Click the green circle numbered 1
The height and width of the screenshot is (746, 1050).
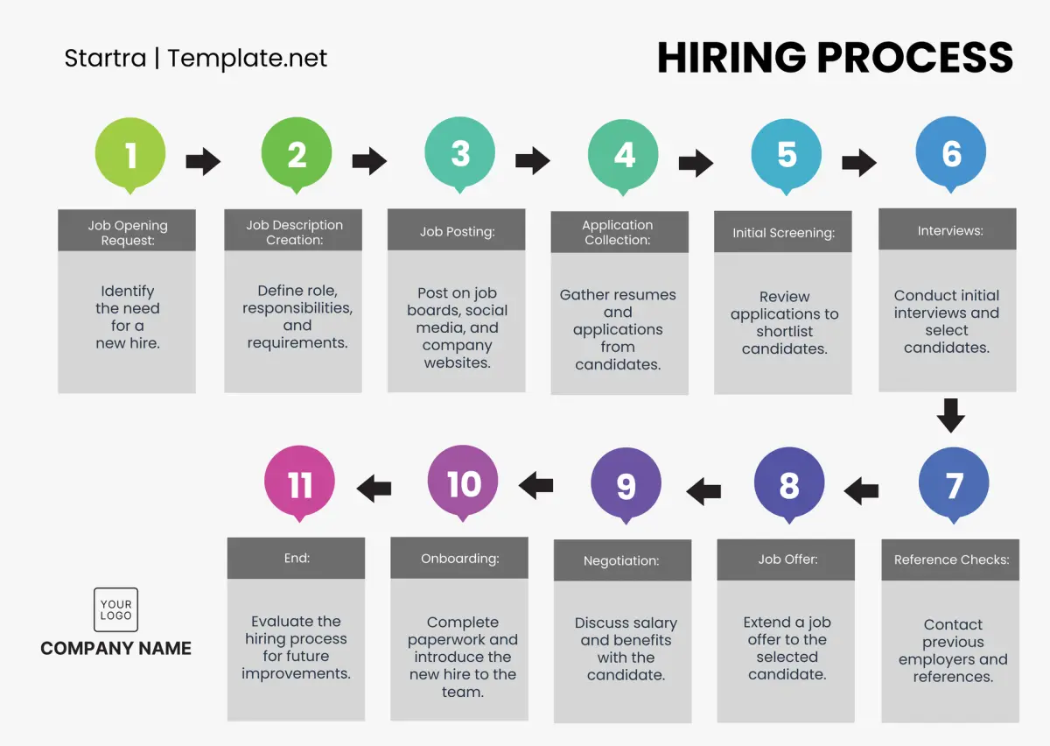click(x=130, y=154)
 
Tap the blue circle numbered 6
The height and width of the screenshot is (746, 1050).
click(x=950, y=153)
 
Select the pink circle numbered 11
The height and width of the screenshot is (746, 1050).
click(x=299, y=482)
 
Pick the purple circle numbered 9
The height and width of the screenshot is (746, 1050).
click(x=626, y=483)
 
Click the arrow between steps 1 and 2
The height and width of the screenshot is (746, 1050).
click(x=203, y=161)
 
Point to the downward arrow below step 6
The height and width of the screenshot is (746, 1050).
click(x=950, y=416)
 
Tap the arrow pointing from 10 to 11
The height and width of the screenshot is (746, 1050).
click(x=374, y=489)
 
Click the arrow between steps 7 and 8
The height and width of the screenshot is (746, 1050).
click(x=861, y=491)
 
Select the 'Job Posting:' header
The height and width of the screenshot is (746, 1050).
click(x=457, y=230)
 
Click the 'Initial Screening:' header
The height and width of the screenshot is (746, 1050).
click(x=783, y=232)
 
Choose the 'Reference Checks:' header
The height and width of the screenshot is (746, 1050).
click(x=950, y=559)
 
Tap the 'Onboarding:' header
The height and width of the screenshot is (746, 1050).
click(x=459, y=558)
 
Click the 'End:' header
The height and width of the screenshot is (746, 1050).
click(x=297, y=559)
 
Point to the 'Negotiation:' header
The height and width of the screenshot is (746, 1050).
click(x=622, y=560)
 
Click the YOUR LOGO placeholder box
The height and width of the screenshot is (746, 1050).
click(x=115, y=609)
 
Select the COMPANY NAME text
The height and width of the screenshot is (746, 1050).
click(x=115, y=649)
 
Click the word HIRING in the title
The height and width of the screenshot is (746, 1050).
click(x=731, y=57)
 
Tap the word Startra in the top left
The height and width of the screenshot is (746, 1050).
click(x=105, y=58)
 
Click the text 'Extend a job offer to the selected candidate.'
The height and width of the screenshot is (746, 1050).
click(x=787, y=648)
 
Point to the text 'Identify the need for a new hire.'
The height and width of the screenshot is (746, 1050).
click(x=128, y=317)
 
